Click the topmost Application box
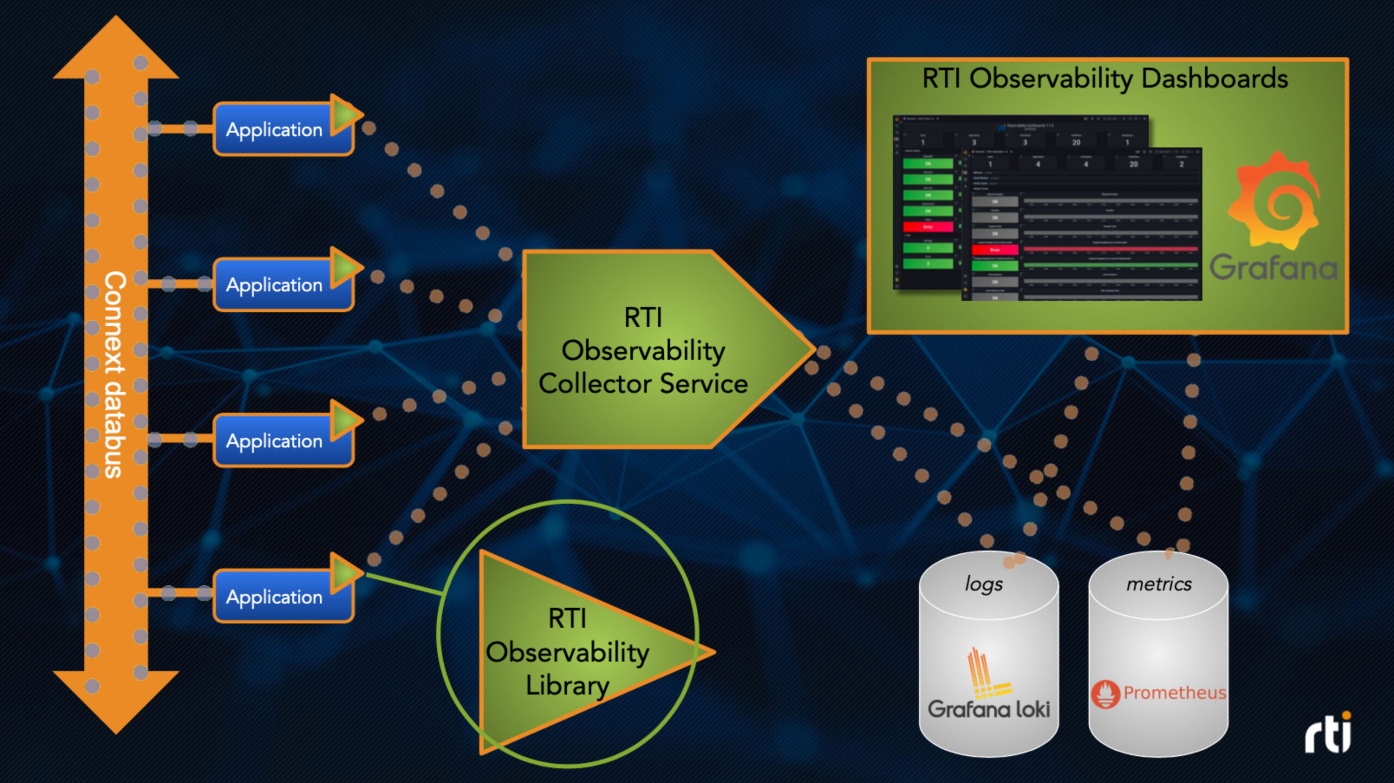(x=275, y=130)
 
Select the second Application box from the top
(x=275, y=285)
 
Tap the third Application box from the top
(x=275, y=441)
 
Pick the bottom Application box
(x=275, y=597)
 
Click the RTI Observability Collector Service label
(x=643, y=351)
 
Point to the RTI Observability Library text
(x=567, y=652)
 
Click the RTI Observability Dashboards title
(x=1105, y=79)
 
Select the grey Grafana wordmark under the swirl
(x=1273, y=267)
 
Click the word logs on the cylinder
(x=983, y=584)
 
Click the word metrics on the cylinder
(x=1159, y=584)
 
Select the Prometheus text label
(x=1175, y=693)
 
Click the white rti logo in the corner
(x=1328, y=733)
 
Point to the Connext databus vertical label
(x=115, y=375)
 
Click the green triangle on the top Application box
(x=344, y=114)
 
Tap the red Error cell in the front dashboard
(x=995, y=250)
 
